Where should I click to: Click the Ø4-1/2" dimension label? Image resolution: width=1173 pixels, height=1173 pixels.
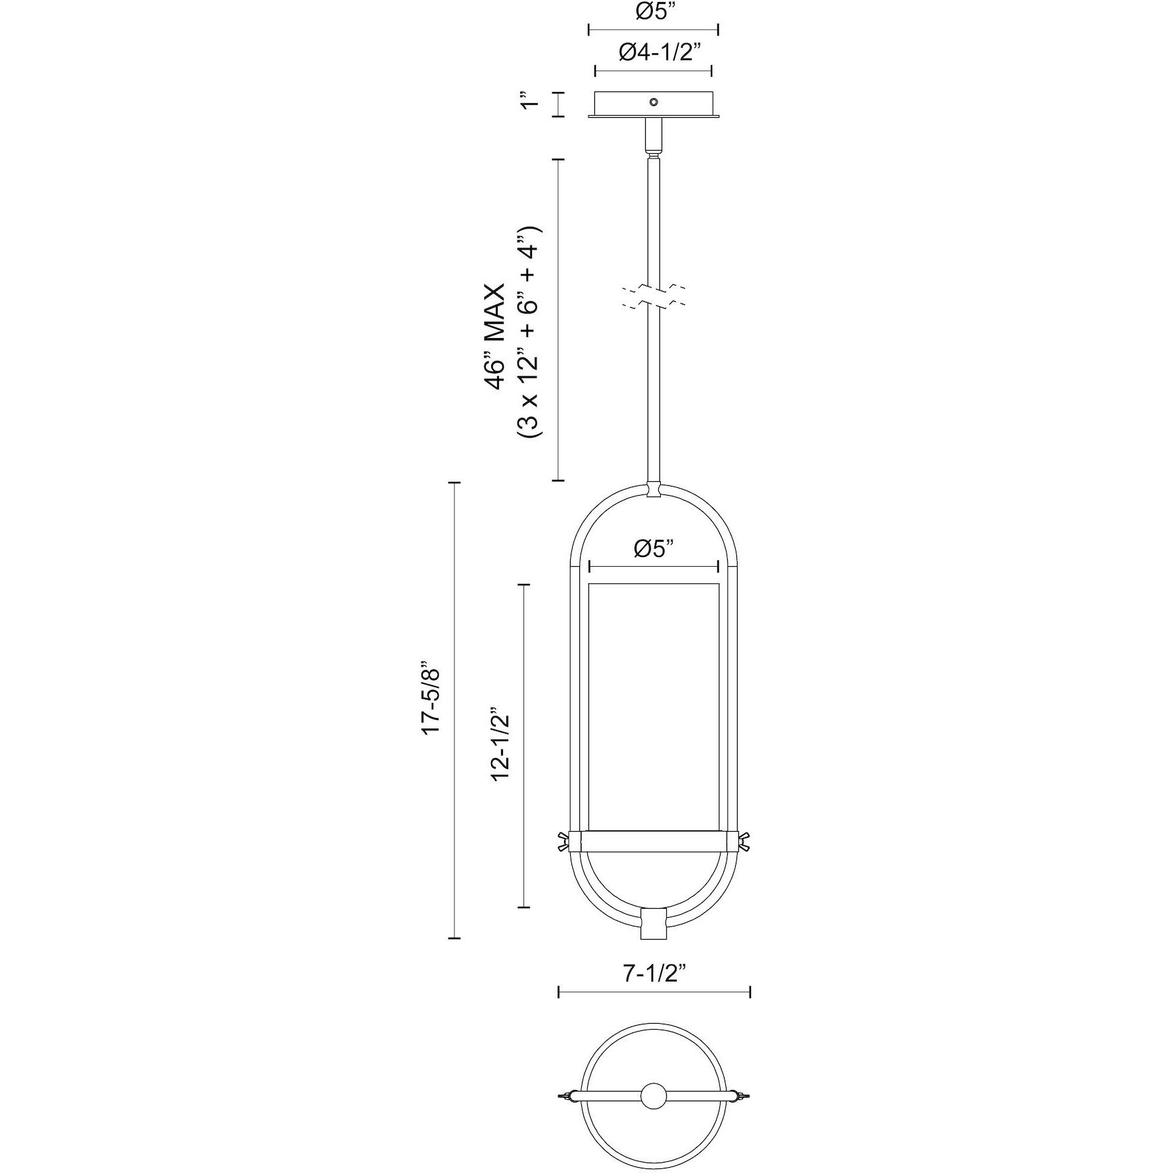coord(654,53)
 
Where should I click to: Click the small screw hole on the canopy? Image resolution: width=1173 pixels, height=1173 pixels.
coord(654,102)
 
